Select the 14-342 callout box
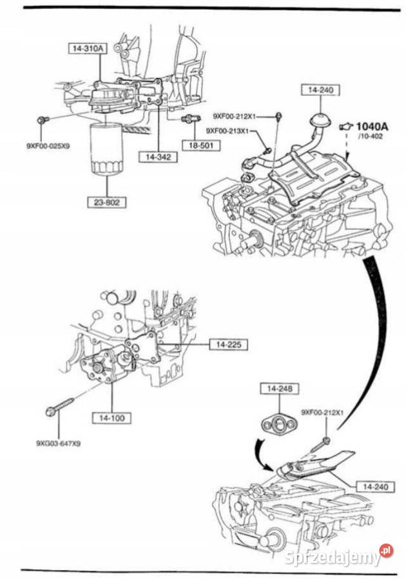tap(158, 156)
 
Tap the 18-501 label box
tap(200, 145)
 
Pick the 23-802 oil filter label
tap(107, 202)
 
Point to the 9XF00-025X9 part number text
tap(48, 146)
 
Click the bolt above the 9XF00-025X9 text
tap(43, 120)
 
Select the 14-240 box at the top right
tap(319, 91)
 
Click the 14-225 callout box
tap(228, 345)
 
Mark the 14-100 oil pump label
tap(112, 418)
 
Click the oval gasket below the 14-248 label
tap(276, 423)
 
